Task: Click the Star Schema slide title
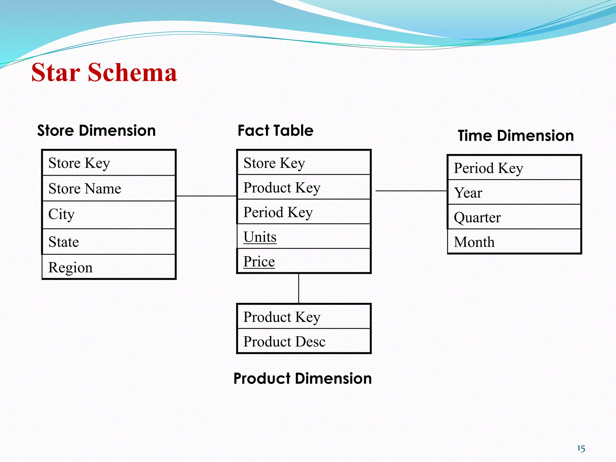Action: coord(104,72)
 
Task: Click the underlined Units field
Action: coord(260,237)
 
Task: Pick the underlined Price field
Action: coord(259,261)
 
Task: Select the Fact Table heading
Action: coord(276,131)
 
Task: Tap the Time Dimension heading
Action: coord(516,136)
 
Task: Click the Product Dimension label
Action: coord(303,378)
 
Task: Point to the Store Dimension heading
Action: coord(96,131)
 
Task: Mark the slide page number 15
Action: coord(581,448)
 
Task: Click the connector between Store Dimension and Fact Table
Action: coord(206,196)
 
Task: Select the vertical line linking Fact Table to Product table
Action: coord(299,288)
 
